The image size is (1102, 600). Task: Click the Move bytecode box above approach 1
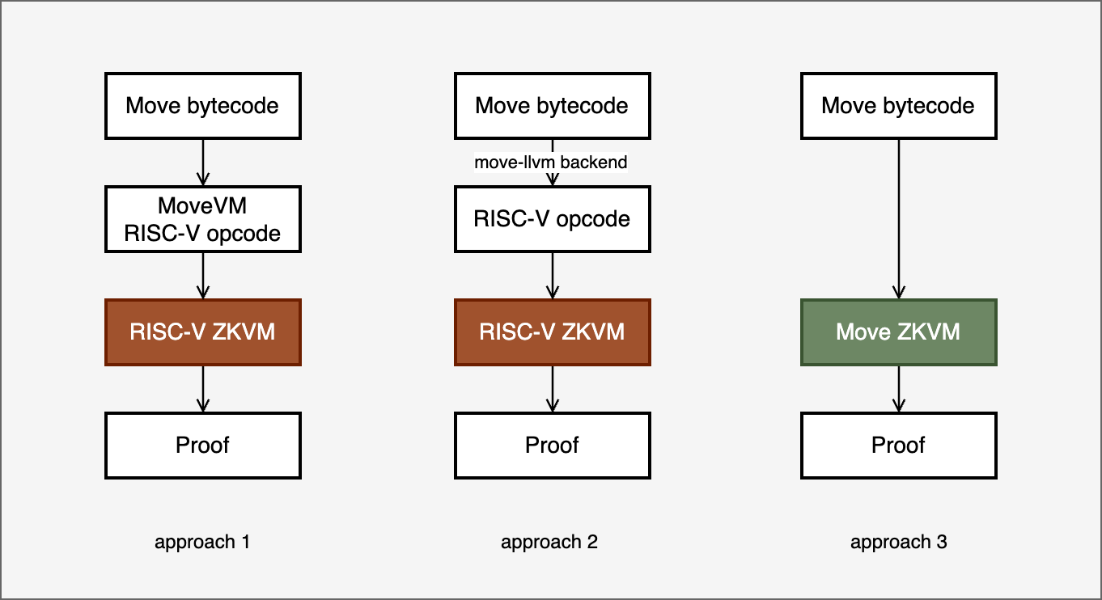click(x=202, y=106)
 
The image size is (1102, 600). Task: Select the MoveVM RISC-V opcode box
click(x=202, y=219)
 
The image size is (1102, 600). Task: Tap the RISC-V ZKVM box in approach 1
click(x=202, y=332)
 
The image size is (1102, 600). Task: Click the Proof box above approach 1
click(x=202, y=446)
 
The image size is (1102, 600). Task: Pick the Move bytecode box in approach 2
click(x=552, y=106)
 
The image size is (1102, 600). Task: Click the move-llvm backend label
click(x=550, y=163)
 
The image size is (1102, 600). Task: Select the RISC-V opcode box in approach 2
click(x=552, y=219)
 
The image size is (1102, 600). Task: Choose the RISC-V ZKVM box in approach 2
click(x=552, y=332)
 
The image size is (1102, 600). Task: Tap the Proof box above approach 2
click(x=552, y=446)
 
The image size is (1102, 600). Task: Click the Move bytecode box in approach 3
click(x=898, y=106)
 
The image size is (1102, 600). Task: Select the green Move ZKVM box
click(x=898, y=332)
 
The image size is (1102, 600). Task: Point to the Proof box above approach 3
click(x=898, y=446)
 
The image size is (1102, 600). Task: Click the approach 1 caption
click(x=202, y=542)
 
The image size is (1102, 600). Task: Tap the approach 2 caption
click(x=549, y=542)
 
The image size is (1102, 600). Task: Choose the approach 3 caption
click(x=898, y=542)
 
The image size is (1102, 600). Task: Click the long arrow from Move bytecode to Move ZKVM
click(x=898, y=218)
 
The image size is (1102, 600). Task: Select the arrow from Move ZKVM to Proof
click(x=898, y=389)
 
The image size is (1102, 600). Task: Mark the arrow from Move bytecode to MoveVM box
click(x=202, y=162)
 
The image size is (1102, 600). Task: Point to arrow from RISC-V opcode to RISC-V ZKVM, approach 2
click(x=552, y=276)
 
